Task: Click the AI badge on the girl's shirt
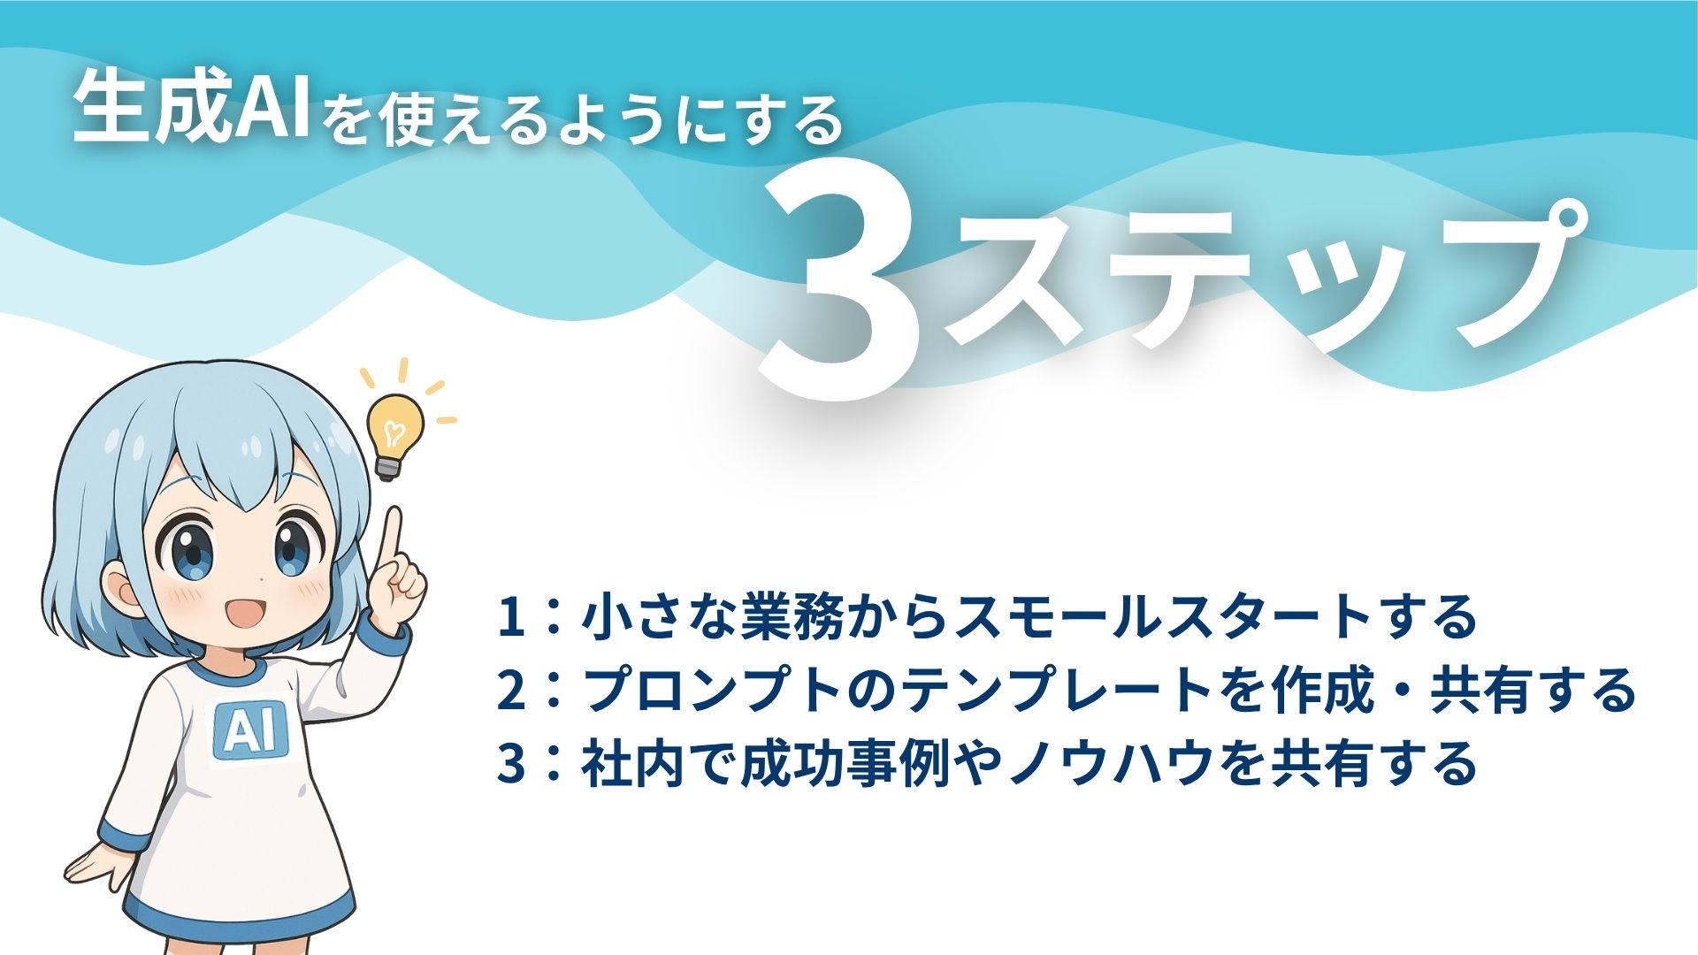[249, 730]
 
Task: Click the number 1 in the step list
[510, 618]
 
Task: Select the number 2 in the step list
[510, 691]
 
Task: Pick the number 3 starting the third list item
[510, 763]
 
